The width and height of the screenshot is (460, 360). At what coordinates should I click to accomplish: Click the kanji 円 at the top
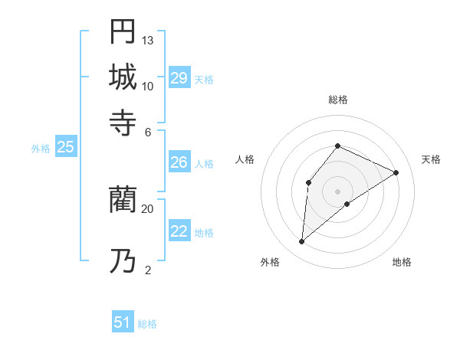pos(123,32)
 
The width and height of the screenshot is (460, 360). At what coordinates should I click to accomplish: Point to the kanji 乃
pos(123,262)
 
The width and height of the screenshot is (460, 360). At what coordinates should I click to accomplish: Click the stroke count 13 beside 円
pos(148,40)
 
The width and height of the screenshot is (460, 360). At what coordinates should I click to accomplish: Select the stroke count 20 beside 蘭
pos(148,208)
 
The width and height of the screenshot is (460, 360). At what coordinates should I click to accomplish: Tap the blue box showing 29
pos(179,78)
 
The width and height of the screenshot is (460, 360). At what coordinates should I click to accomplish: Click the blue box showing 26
pos(179,162)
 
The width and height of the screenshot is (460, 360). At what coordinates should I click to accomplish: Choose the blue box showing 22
pos(179,231)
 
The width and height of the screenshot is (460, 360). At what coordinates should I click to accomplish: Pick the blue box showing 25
pos(65,148)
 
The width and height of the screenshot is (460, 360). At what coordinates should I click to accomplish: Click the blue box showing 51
pos(123,323)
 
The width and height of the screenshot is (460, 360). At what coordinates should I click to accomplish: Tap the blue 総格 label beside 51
pos(147,324)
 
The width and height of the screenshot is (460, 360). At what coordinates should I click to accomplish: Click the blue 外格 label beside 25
pos(41,149)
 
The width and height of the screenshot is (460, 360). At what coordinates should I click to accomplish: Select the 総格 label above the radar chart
pos(337,100)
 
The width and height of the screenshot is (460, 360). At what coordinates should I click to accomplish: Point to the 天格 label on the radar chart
pos(432,159)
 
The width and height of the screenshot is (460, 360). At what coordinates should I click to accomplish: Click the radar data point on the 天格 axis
pos(396,172)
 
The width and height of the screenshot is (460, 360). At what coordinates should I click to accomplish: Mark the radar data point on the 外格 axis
pos(302,242)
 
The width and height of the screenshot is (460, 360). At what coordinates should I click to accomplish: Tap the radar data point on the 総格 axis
pos(337,146)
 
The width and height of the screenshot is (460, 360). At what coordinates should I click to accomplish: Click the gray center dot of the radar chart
pos(337,191)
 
